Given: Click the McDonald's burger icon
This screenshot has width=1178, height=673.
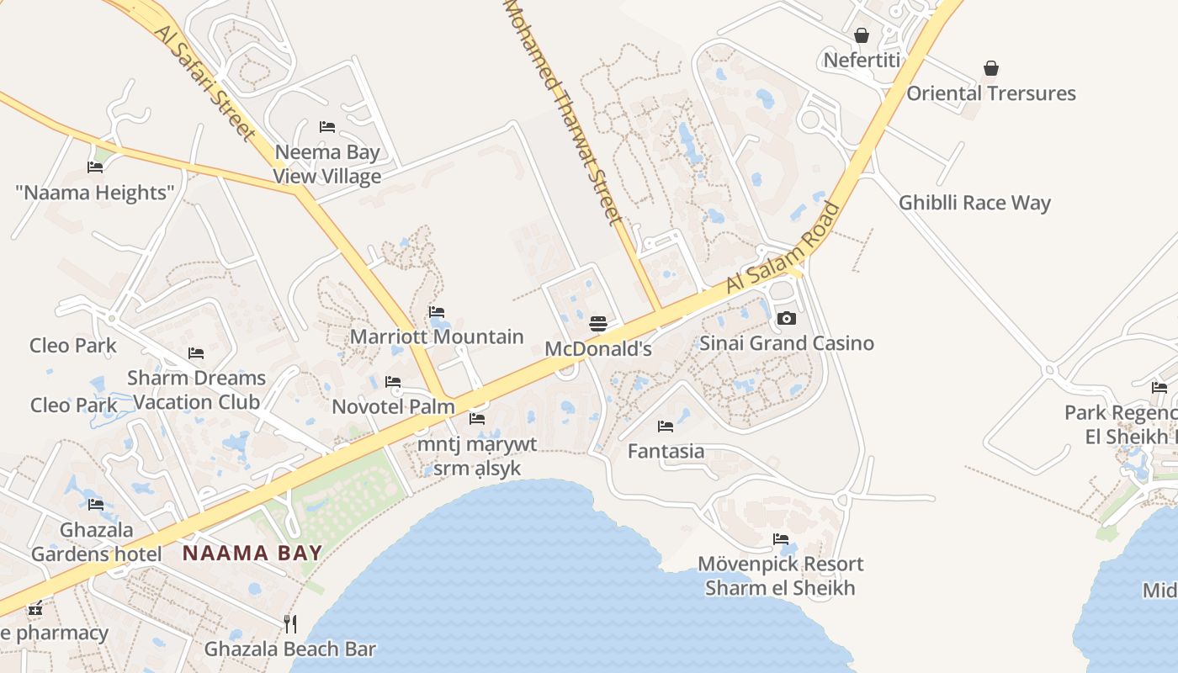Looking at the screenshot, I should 598,324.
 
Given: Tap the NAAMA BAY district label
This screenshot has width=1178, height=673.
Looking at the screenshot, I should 252,553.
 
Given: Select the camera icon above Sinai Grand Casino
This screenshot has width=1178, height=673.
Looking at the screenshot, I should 787,318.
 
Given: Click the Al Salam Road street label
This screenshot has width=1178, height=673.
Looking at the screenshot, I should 783,248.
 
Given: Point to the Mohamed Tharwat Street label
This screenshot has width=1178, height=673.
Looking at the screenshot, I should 564,109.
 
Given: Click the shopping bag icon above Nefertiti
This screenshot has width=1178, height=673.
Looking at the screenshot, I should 862,36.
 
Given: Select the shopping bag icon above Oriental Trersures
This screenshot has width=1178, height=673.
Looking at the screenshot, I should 991,68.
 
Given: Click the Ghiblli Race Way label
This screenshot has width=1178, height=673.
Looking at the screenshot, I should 974,203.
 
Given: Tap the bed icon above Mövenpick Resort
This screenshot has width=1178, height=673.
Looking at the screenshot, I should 781,539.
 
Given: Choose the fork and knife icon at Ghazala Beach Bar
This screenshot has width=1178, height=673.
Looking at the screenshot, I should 290,623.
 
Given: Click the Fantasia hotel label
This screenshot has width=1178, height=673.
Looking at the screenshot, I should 666,451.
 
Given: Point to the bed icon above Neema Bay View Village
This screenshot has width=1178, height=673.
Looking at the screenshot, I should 327,127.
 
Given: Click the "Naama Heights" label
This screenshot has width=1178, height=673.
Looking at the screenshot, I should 94,193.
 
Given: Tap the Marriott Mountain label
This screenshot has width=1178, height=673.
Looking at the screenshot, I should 437,336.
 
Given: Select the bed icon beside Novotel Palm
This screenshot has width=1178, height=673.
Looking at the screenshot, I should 393,382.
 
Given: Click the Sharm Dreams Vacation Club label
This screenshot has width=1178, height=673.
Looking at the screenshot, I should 196,389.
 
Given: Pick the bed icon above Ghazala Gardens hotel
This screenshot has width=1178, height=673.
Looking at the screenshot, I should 96,505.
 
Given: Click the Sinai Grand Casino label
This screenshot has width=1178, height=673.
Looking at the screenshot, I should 787,343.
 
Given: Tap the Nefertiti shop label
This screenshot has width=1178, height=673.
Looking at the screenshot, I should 862,61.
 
